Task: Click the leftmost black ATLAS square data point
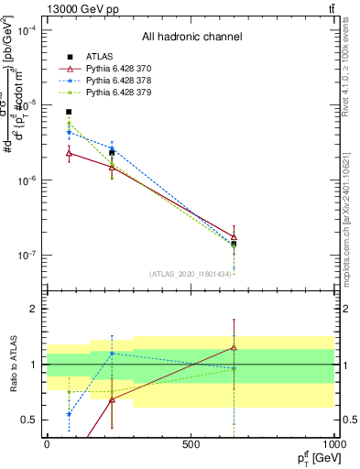point(69,112)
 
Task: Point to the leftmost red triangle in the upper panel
point(69,153)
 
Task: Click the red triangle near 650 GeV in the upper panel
point(235,236)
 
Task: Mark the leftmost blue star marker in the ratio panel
point(69,414)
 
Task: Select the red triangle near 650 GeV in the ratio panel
point(235,347)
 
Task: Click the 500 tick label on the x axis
point(191,442)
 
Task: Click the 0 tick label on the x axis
point(47,442)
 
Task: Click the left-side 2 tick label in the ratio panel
point(34,310)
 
